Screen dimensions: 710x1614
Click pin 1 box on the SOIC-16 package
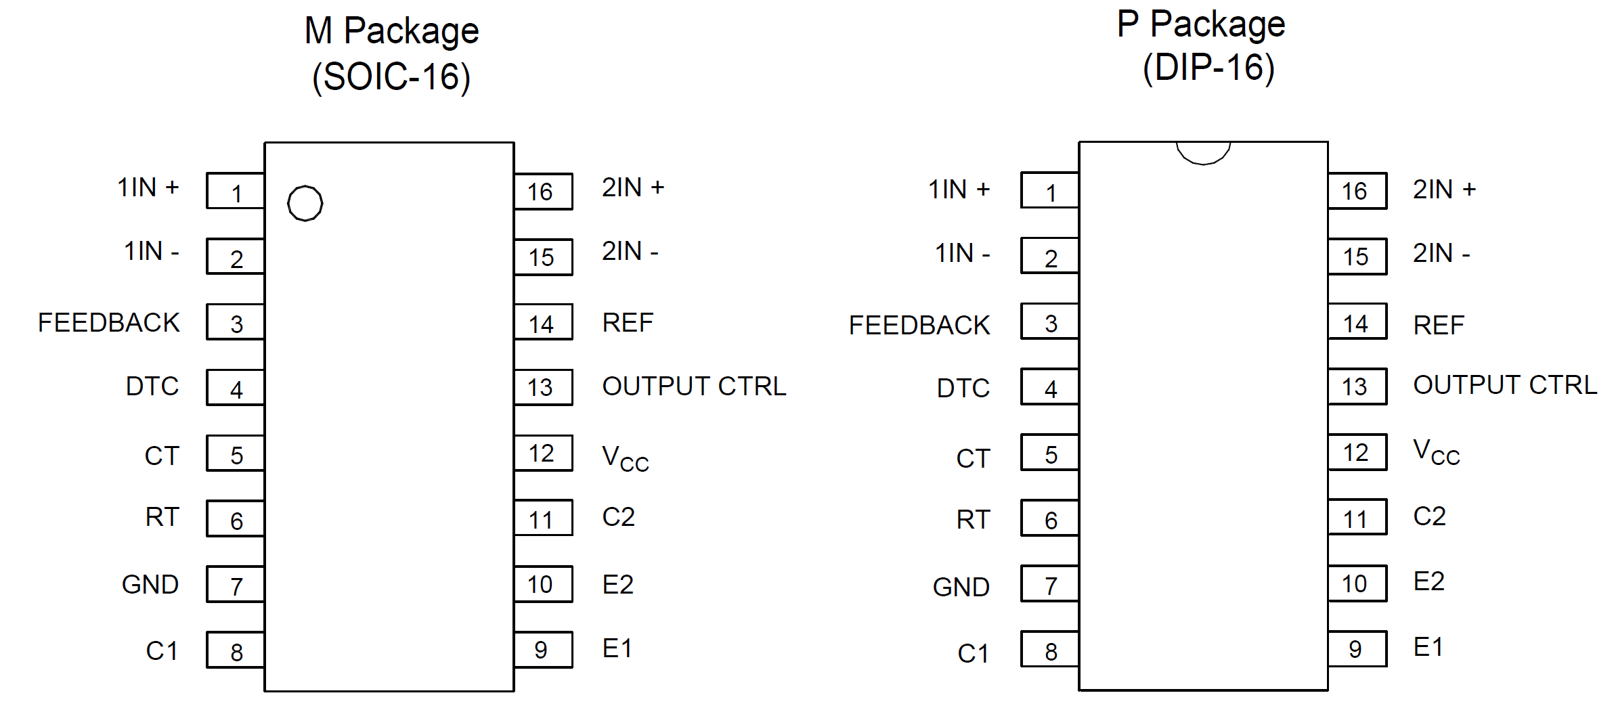[x=236, y=192]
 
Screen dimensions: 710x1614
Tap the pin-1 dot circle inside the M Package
[x=305, y=203]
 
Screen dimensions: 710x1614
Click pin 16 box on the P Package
[x=1357, y=191]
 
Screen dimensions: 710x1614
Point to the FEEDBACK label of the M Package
[x=109, y=323]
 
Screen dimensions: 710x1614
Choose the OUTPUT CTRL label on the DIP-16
[x=1504, y=385]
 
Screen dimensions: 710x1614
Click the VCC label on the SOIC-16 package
[x=625, y=458]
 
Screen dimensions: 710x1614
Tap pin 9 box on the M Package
[x=543, y=650]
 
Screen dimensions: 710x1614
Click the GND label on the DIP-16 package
[x=961, y=587]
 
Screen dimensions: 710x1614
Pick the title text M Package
[x=391, y=31]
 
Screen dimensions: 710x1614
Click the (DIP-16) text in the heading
[x=1208, y=68]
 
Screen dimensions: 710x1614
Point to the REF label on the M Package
[x=628, y=323]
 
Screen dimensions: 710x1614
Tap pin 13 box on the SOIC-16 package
[x=543, y=387]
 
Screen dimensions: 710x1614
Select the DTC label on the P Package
[x=963, y=389]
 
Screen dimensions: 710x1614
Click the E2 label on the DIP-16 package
[x=1428, y=581]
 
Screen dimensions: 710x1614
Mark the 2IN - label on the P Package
[x=1441, y=253]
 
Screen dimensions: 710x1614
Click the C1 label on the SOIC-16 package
[x=162, y=651]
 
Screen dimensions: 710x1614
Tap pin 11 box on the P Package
[x=1357, y=518]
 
